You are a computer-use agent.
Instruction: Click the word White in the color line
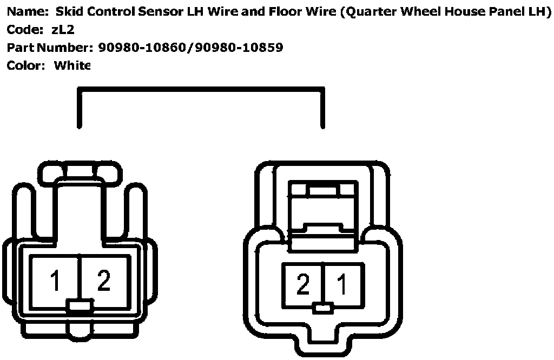pyautogui.click(x=72, y=65)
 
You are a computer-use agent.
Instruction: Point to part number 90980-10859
pyautogui.click(x=240, y=48)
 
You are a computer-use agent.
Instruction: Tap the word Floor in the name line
pyautogui.click(x=285, y=12)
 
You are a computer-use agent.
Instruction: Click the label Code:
pyautogui.click(x=24, y=30)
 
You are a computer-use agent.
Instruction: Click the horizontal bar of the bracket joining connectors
pyautogui.click(x=201, y=89)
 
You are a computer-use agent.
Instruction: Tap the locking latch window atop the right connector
pyautogui.click(x=324, y=190)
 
